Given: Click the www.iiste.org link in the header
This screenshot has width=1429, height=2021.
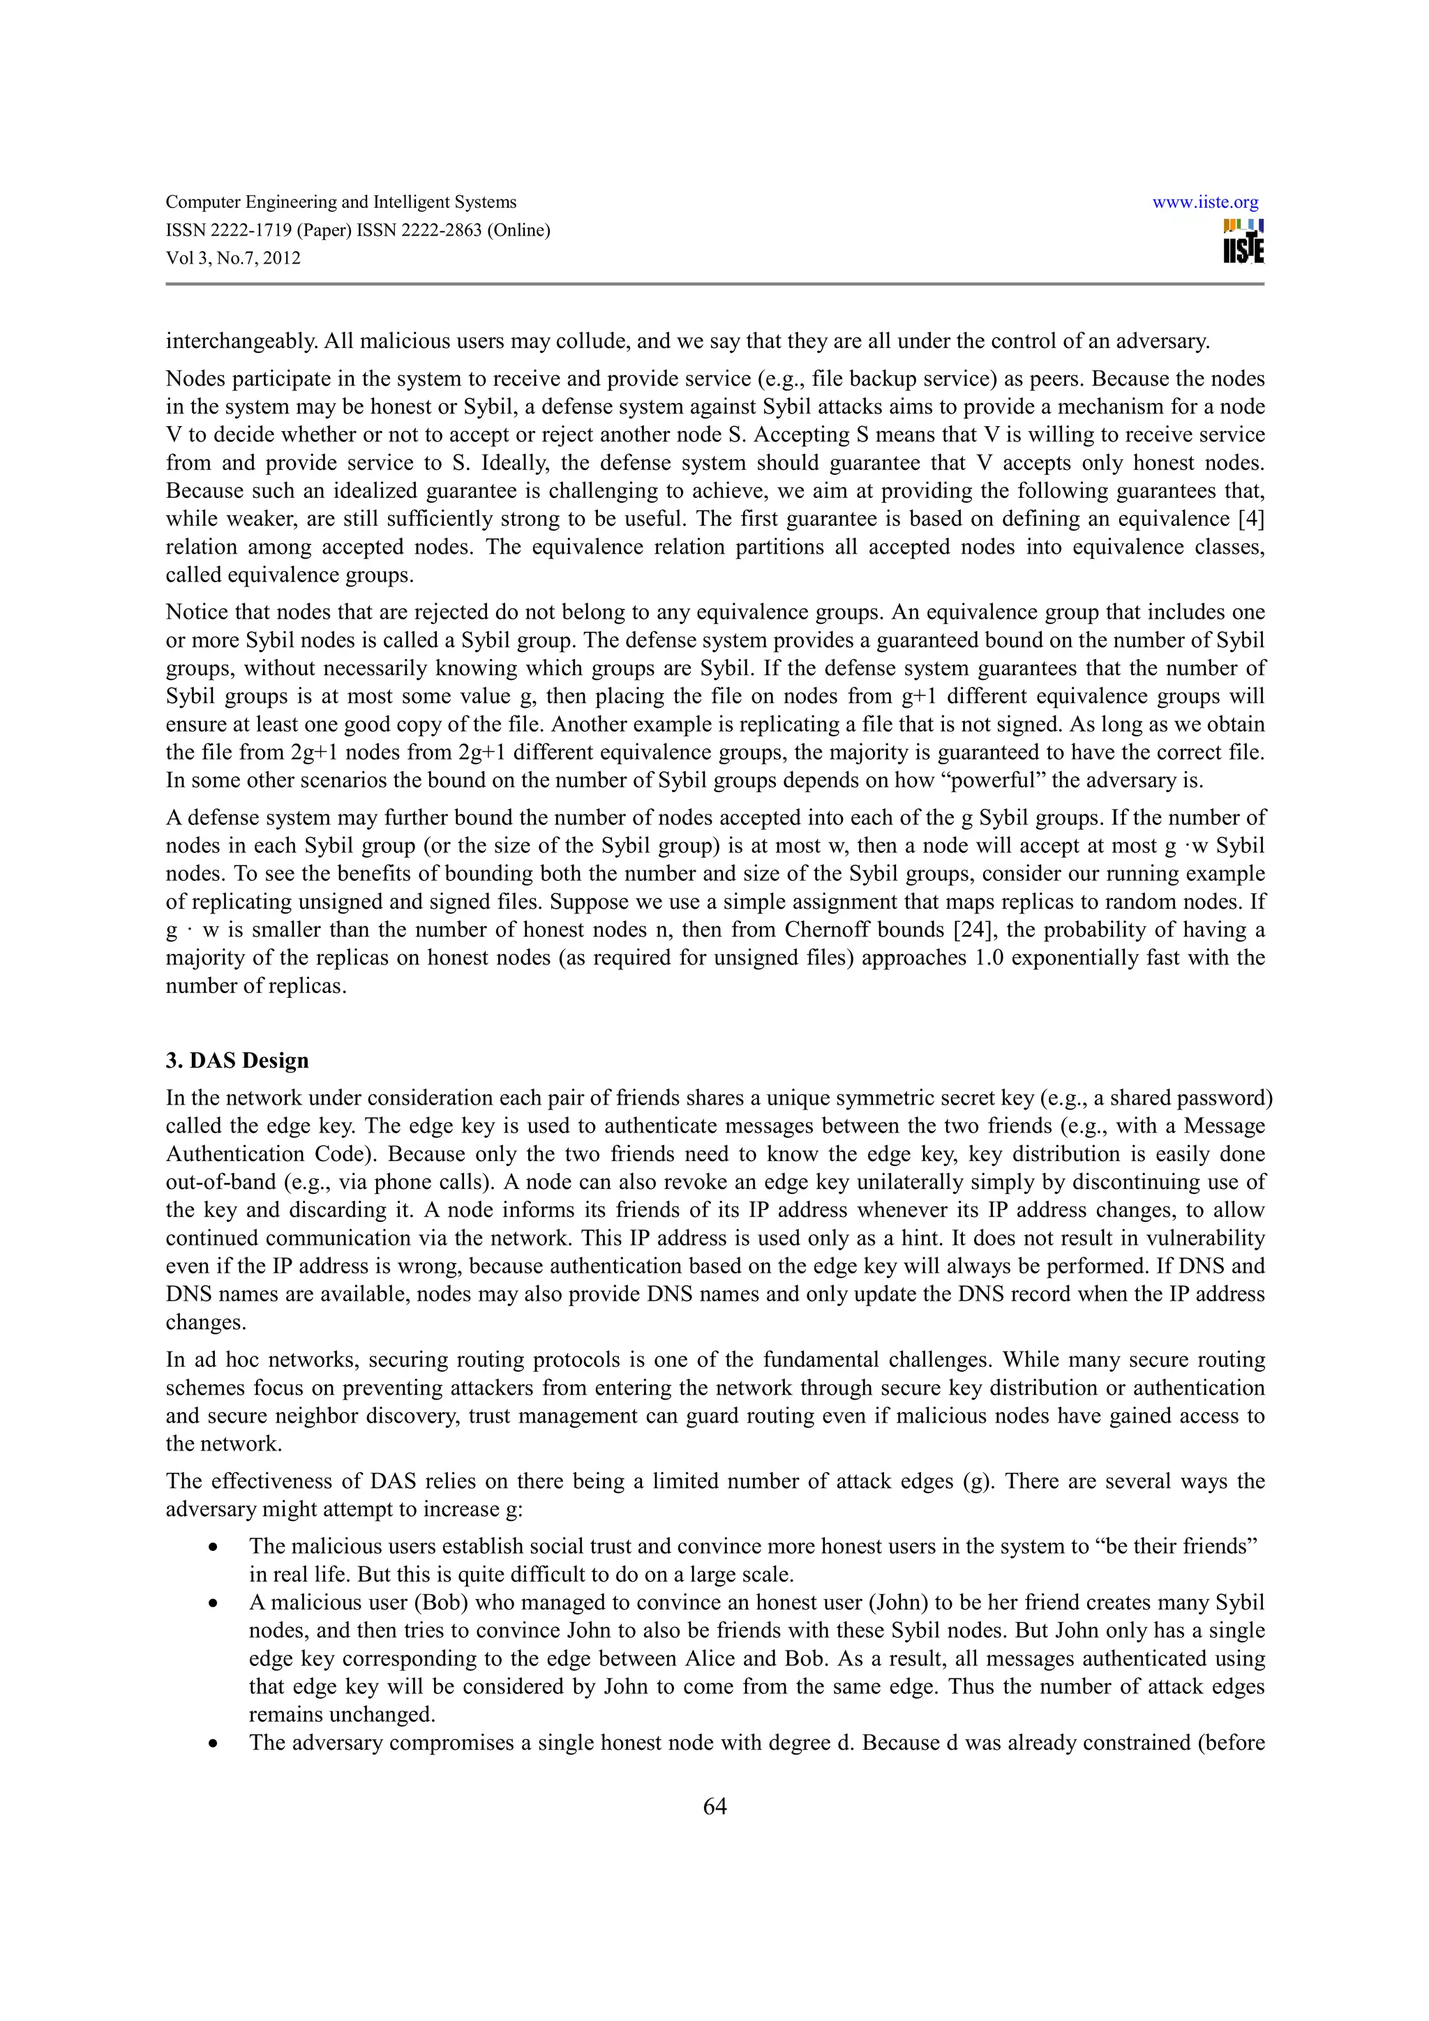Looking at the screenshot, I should pos(1204,202).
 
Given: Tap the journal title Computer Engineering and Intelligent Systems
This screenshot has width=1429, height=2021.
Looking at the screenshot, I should pos(341,202).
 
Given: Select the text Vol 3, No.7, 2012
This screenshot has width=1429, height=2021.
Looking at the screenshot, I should pos(233,259).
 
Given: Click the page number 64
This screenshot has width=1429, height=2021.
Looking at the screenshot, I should pos(714,1806).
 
